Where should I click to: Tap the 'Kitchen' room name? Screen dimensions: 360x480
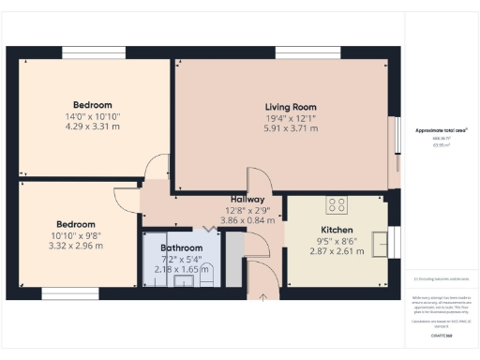(x=337, y=230)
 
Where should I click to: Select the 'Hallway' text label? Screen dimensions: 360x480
(x=247, y=200)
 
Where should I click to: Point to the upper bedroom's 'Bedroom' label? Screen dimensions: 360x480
(x=93, y=104)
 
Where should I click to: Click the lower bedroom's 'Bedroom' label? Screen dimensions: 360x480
(x=75, y=224)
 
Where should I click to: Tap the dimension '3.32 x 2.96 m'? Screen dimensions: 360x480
(x=75, y=246)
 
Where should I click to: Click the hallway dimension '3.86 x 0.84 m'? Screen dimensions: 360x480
(x=247, y=221)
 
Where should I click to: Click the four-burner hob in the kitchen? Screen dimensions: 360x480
(x=336, y=205)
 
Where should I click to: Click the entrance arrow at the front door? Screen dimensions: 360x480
(x=263, y=297)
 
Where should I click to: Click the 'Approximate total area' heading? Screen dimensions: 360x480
(x=442, y=130)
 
